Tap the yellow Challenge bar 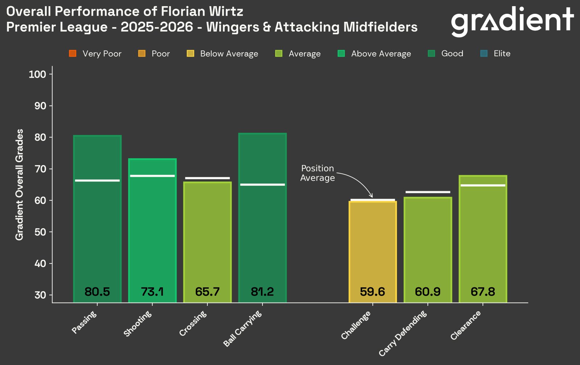pyautogui.click(x=373, y=247)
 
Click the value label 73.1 pyautogui.click(x=152, y=292)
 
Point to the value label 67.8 pyautogui.click(x=482, y=292)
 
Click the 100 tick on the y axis pyautogui.click(x=37, y=74)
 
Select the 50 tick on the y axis pyautogui.click(x=40, y=232)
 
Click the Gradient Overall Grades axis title pyautogui.click(x=19, y=184)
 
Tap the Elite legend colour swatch pyautogui.click(x=484, y=54)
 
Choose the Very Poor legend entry pyautogui.click(x=95, y=54)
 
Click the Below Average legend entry pyautogui.click(x=222, y=54)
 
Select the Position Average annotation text pyautogui.click(x=317, y=173)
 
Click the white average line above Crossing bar pyautogui.click(x=207, y=178)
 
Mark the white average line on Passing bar pyautogui.click(x=97, y=180)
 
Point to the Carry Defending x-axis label pyautogui.click(x=403, y=333)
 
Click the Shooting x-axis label pyautogui.click(x=138, y=324)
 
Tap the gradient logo pyautogui.click(x=512, y=21)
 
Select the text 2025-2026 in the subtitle pyautogui.click(x=157, y=27)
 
